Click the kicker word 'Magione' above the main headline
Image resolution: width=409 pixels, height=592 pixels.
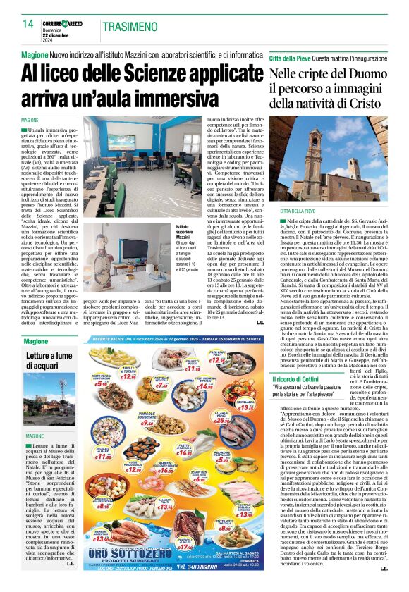pos(35,55)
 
